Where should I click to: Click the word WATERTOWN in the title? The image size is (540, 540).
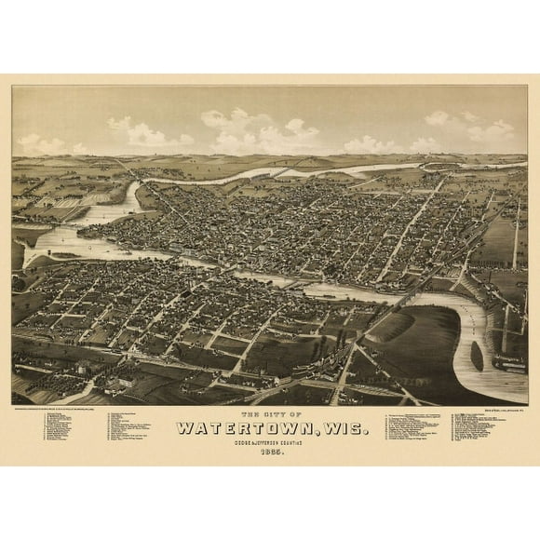click(245, 428)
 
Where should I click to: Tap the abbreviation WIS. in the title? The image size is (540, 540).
click(345, 428)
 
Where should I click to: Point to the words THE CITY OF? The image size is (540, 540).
click(270, 414)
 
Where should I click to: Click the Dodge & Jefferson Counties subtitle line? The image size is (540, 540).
click(270, 442)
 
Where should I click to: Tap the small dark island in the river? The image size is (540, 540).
click(478, 355)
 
